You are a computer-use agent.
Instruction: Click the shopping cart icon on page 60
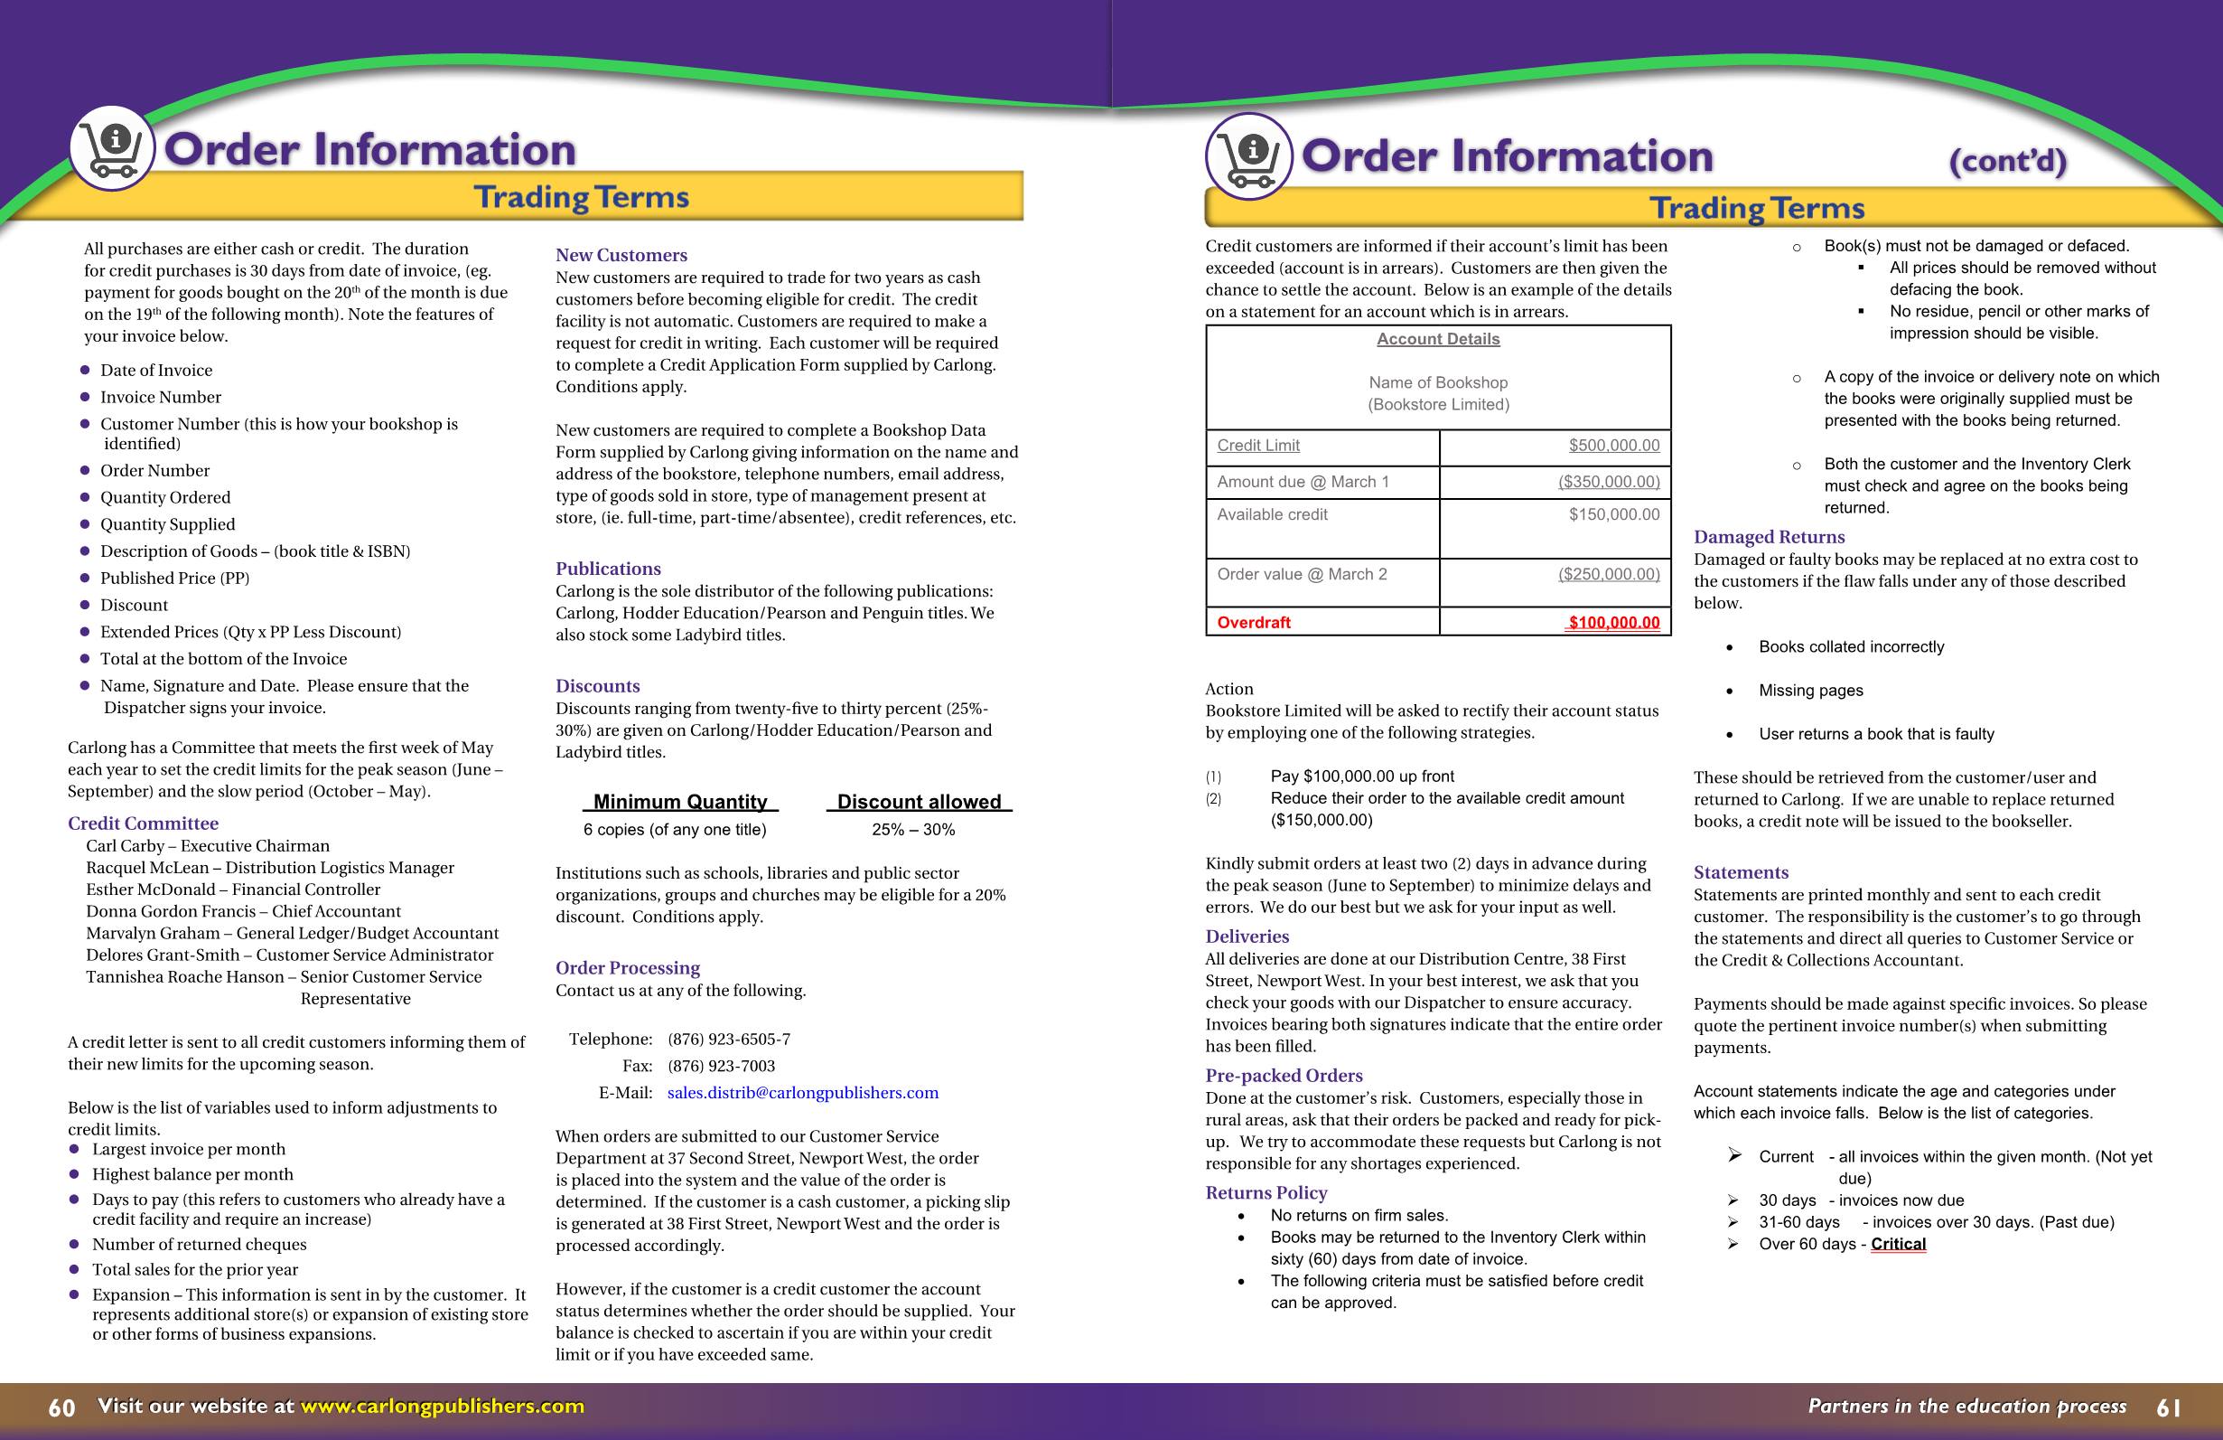click(112, 147)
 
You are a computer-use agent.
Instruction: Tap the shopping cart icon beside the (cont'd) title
click(1249, 156)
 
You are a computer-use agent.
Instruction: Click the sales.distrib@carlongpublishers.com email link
click(802, 1092)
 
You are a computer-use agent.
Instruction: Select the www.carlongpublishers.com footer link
click(442, 1406)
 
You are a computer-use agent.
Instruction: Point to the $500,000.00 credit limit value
click(1613, 446)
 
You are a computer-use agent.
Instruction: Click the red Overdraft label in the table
click(1254, 622)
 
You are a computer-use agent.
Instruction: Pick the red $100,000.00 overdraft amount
click(1613, 622)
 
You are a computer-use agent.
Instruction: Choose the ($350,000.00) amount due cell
click(1609, 482)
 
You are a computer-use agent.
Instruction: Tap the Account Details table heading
click(1437, 339)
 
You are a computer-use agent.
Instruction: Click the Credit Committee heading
click(143, 824)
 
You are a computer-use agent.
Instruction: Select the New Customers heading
click(621, 255)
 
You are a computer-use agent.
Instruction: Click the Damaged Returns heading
click(1769, 536)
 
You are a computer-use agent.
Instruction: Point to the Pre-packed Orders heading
click(1284, 1076)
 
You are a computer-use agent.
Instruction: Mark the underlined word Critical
click(1898, 1244)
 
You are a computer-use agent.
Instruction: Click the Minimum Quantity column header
click(680, 802)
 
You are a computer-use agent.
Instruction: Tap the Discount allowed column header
click(918, 802)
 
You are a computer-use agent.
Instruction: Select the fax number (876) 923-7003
click(721, 1067)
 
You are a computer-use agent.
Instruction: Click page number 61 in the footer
click(2169, 1407)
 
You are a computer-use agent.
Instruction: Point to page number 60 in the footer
click(61, 1407)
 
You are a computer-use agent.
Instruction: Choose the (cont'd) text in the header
click(2006, 162)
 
